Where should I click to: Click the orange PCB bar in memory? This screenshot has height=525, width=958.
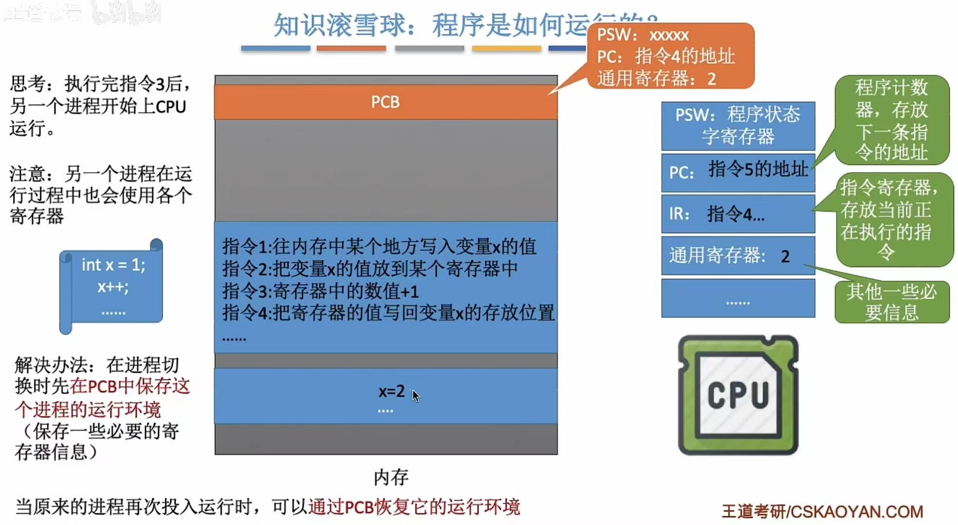coord(385,102)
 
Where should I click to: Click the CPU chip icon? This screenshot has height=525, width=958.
coord(738,395)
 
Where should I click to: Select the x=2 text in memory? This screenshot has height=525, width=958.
coord(391,391)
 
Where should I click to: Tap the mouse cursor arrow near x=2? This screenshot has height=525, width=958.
coord(415,396)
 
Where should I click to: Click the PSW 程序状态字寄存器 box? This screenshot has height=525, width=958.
coord(738,126)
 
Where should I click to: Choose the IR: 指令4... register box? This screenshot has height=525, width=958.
coord(738,214)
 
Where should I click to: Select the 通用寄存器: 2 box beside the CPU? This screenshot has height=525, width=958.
coord(738,255)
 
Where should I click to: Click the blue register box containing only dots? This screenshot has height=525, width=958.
coord(738,298)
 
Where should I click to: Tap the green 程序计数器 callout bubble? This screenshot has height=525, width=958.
coord(891,120)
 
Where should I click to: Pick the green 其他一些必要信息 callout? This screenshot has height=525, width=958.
coord(891,302)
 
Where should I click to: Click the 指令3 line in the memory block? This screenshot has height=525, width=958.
coord(320,291)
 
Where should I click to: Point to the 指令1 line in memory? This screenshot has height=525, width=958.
coord(379,247)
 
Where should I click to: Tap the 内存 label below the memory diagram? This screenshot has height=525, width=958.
coord(391,477)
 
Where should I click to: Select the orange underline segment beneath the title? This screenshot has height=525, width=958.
coord(351,48)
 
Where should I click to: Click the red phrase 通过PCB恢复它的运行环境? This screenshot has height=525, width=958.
coord(414,507)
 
